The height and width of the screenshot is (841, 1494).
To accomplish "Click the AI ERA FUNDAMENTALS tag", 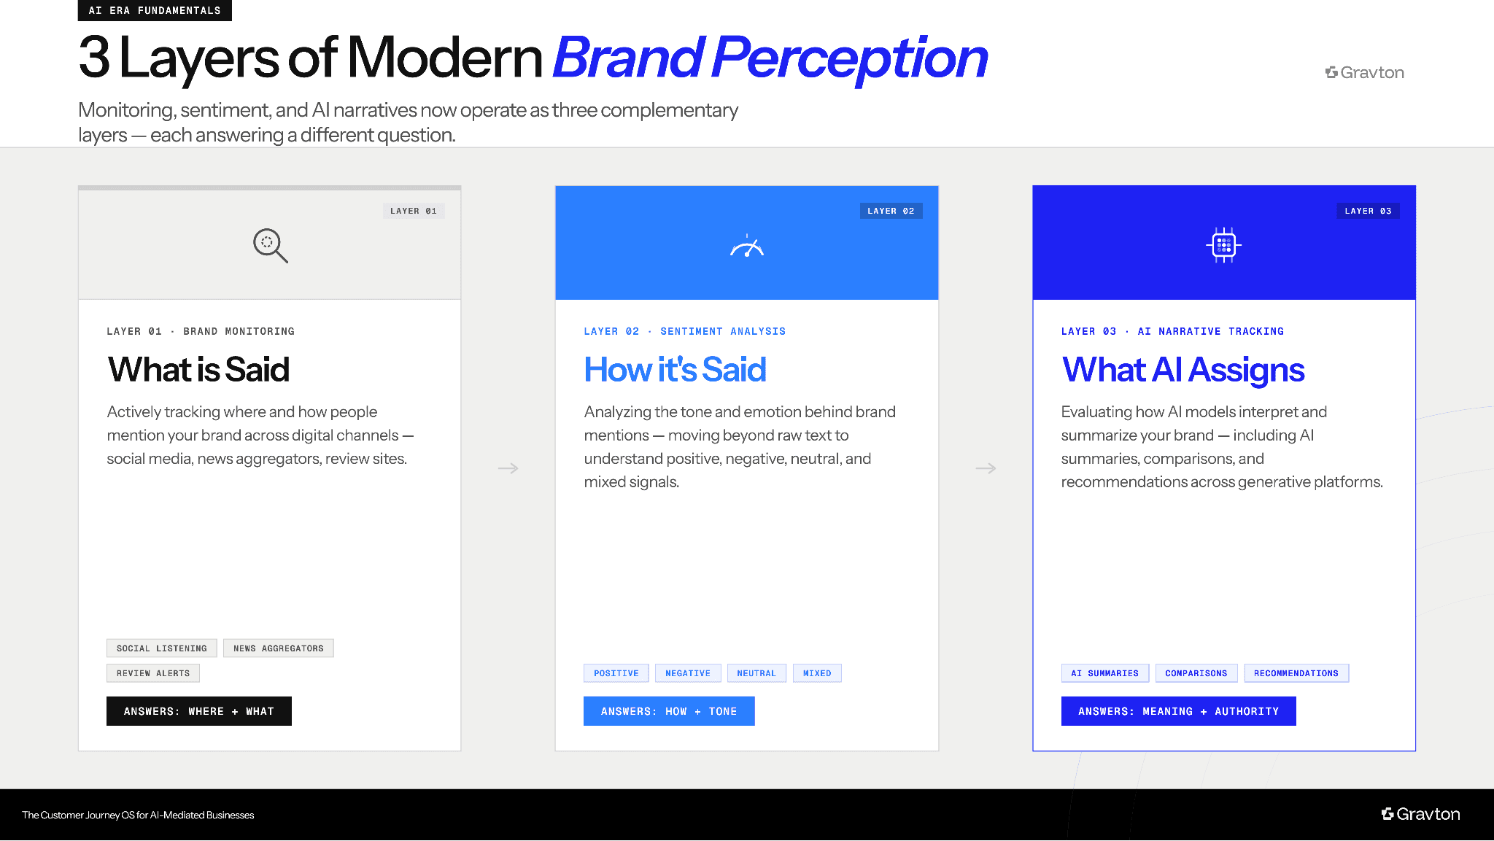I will pos(155,10).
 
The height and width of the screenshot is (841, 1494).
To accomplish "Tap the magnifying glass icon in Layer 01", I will pos(270,245).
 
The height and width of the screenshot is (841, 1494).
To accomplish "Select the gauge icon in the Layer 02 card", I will pos(746,247).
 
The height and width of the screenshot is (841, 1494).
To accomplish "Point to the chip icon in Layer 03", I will pos(1223,245).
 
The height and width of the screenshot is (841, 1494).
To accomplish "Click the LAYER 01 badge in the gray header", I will pos(414,211).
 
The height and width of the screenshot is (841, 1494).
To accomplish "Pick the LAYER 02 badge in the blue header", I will pos(891,211).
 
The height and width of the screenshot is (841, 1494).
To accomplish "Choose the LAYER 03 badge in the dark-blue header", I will pos(1368,211).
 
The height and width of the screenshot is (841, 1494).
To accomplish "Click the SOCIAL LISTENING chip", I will pos(162,648).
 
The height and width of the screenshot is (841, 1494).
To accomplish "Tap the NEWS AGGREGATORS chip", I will pos(279,648).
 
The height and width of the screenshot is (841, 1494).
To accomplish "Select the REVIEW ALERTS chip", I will pos(153,673).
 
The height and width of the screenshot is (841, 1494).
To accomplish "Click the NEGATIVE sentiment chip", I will pos(688,673).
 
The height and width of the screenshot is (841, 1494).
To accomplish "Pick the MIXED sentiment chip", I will pos(817,673).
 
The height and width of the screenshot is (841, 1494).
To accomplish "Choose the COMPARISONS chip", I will pos(1196,673).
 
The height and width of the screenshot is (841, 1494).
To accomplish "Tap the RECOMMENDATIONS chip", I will pos(1296,673).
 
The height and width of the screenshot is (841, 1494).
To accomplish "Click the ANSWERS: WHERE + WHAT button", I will pos(199,711).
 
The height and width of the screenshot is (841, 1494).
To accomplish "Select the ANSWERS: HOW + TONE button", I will pos(669,711).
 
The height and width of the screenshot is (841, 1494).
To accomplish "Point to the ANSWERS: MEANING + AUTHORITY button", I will pos(1179,711).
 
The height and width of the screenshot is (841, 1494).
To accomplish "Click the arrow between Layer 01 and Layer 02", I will pos(508,468).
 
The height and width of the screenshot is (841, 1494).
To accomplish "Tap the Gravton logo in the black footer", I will pos(1421,814).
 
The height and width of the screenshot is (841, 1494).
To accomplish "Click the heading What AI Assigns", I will pos(1183,370).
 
